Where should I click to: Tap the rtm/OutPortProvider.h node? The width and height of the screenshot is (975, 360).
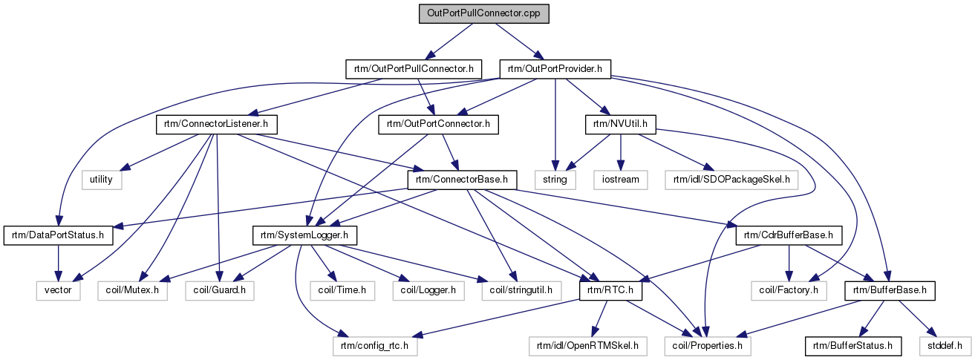coord(555,69)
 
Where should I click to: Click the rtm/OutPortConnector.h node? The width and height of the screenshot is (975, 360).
coord(438,124)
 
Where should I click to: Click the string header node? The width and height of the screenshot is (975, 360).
coord(555,180)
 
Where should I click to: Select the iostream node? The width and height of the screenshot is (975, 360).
coord(620,180)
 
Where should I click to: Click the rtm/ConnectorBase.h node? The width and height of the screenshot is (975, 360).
coord(461,180)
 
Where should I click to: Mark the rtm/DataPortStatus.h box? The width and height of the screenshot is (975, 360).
coord(59,235)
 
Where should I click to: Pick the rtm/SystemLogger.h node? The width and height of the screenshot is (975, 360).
coord(305,235)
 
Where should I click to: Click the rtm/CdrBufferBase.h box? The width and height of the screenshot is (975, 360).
coord(786,235)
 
